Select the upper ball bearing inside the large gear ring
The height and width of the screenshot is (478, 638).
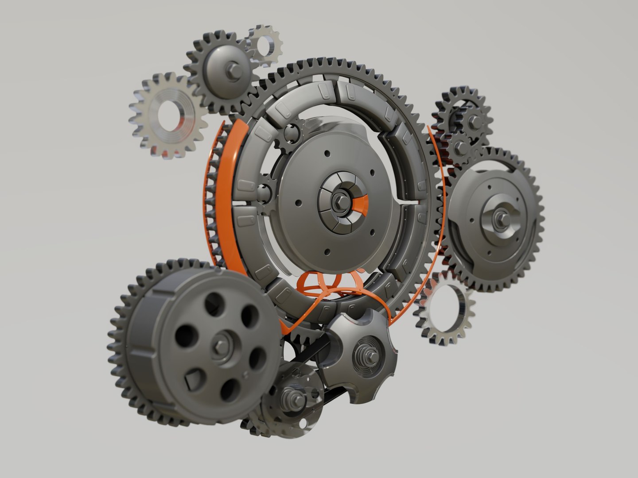291,131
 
